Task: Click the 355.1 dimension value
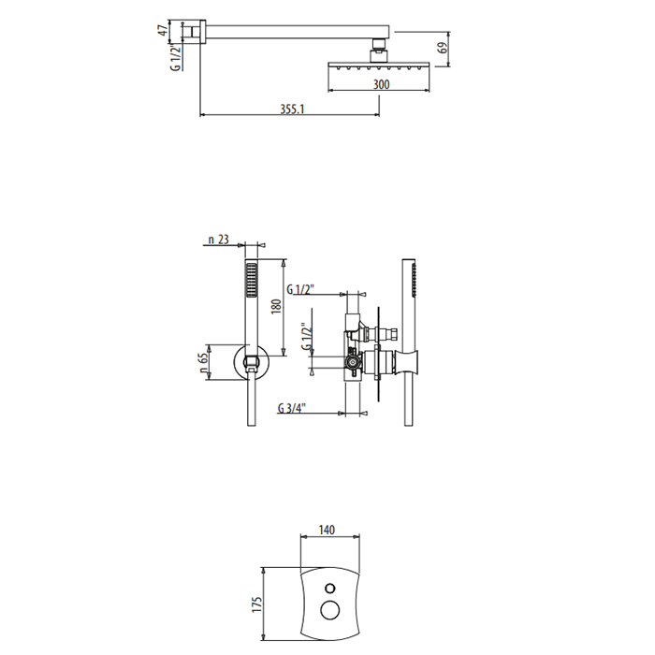[293, 109]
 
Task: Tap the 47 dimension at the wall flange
[163, 30]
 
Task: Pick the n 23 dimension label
[218, 240]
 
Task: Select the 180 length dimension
[275, 307]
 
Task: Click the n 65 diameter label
[204, 362]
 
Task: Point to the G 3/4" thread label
[293, 407]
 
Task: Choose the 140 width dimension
[327, 531]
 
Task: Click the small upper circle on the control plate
[327, 589]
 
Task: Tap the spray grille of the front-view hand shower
[250, 278]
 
